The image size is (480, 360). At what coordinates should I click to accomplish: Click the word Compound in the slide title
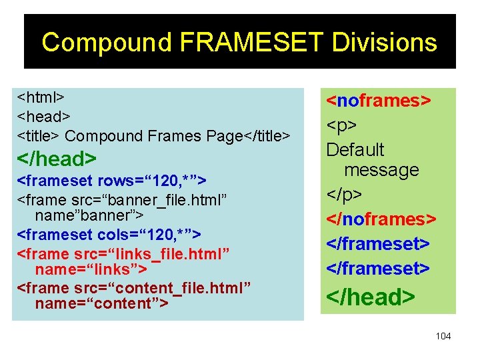pyautogui.click(x=107, y=43)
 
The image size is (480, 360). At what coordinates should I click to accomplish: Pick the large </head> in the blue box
pyautogui.click(x=57, y=159)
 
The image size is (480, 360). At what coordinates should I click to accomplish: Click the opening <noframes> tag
pyautogui.click(x=378, y=101)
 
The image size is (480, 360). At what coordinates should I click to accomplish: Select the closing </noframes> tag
pyautogui.click(x=381, y=219)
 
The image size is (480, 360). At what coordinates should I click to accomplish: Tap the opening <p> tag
pyautogui.click(x=341, y=125)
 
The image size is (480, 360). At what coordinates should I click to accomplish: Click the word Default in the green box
pyautogui.click(x=355, y=149)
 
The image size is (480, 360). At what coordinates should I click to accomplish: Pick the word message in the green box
pyautogui.click(x=381, y=170)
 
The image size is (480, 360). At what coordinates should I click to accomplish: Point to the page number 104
pyautogui.click(x=443, y=336)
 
